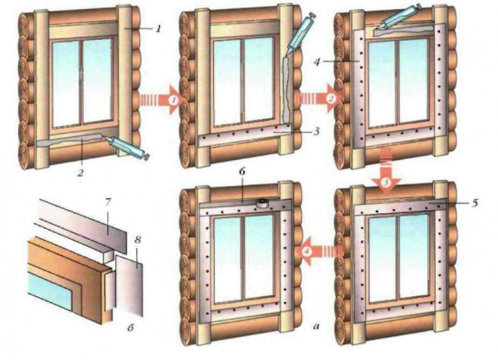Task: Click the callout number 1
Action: (x=158, y=29)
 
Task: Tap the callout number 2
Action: (x=81, y=173)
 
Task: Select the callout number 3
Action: (x=315, y=131)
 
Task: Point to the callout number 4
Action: (x=316, y=62)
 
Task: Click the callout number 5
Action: (x=474, y=202)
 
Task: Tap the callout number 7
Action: (x=107, y=203)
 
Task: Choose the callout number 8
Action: (x=137, y=240)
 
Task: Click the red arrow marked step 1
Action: (x=159, y=100)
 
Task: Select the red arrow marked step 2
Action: (x=318, y=99)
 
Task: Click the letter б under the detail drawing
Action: (x=130, y=328)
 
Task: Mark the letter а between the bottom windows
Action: (x=316, y=325)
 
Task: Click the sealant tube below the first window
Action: (x=127, y=147)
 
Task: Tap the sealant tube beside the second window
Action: (x=301, y=34)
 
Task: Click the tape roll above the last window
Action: (x=262, y=203)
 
